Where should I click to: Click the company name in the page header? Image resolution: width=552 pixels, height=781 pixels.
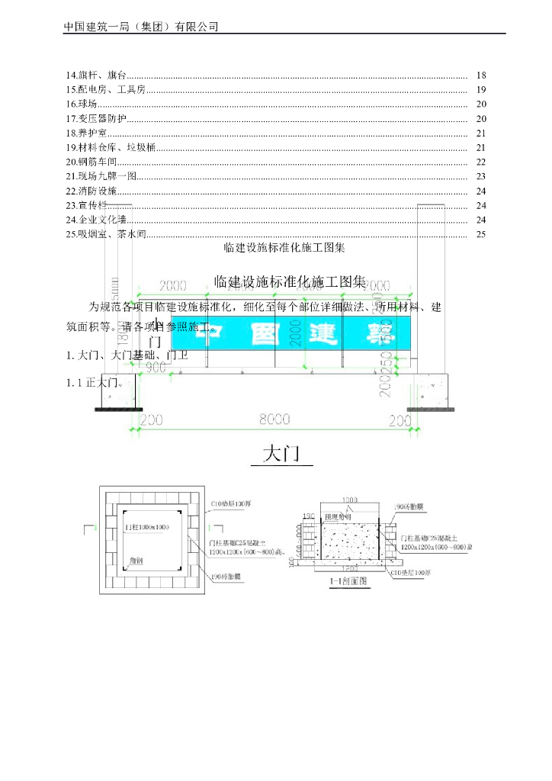click(141, 26)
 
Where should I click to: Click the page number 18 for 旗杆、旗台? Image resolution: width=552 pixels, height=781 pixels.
click(480, 76)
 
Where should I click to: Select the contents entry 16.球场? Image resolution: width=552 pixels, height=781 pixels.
click(82, 104)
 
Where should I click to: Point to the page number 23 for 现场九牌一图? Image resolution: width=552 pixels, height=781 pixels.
click(480, 176)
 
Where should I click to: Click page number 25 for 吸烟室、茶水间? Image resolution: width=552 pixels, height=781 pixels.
click(480, 234)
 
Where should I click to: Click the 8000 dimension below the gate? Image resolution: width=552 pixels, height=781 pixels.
click(274, 419)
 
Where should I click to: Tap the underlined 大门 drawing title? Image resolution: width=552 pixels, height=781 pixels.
click(282, 455)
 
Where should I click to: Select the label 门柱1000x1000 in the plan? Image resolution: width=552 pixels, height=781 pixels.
click(146, 528)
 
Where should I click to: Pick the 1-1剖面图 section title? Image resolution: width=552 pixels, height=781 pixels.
click(348, 580)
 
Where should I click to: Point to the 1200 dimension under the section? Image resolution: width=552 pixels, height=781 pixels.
click(349, 568)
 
